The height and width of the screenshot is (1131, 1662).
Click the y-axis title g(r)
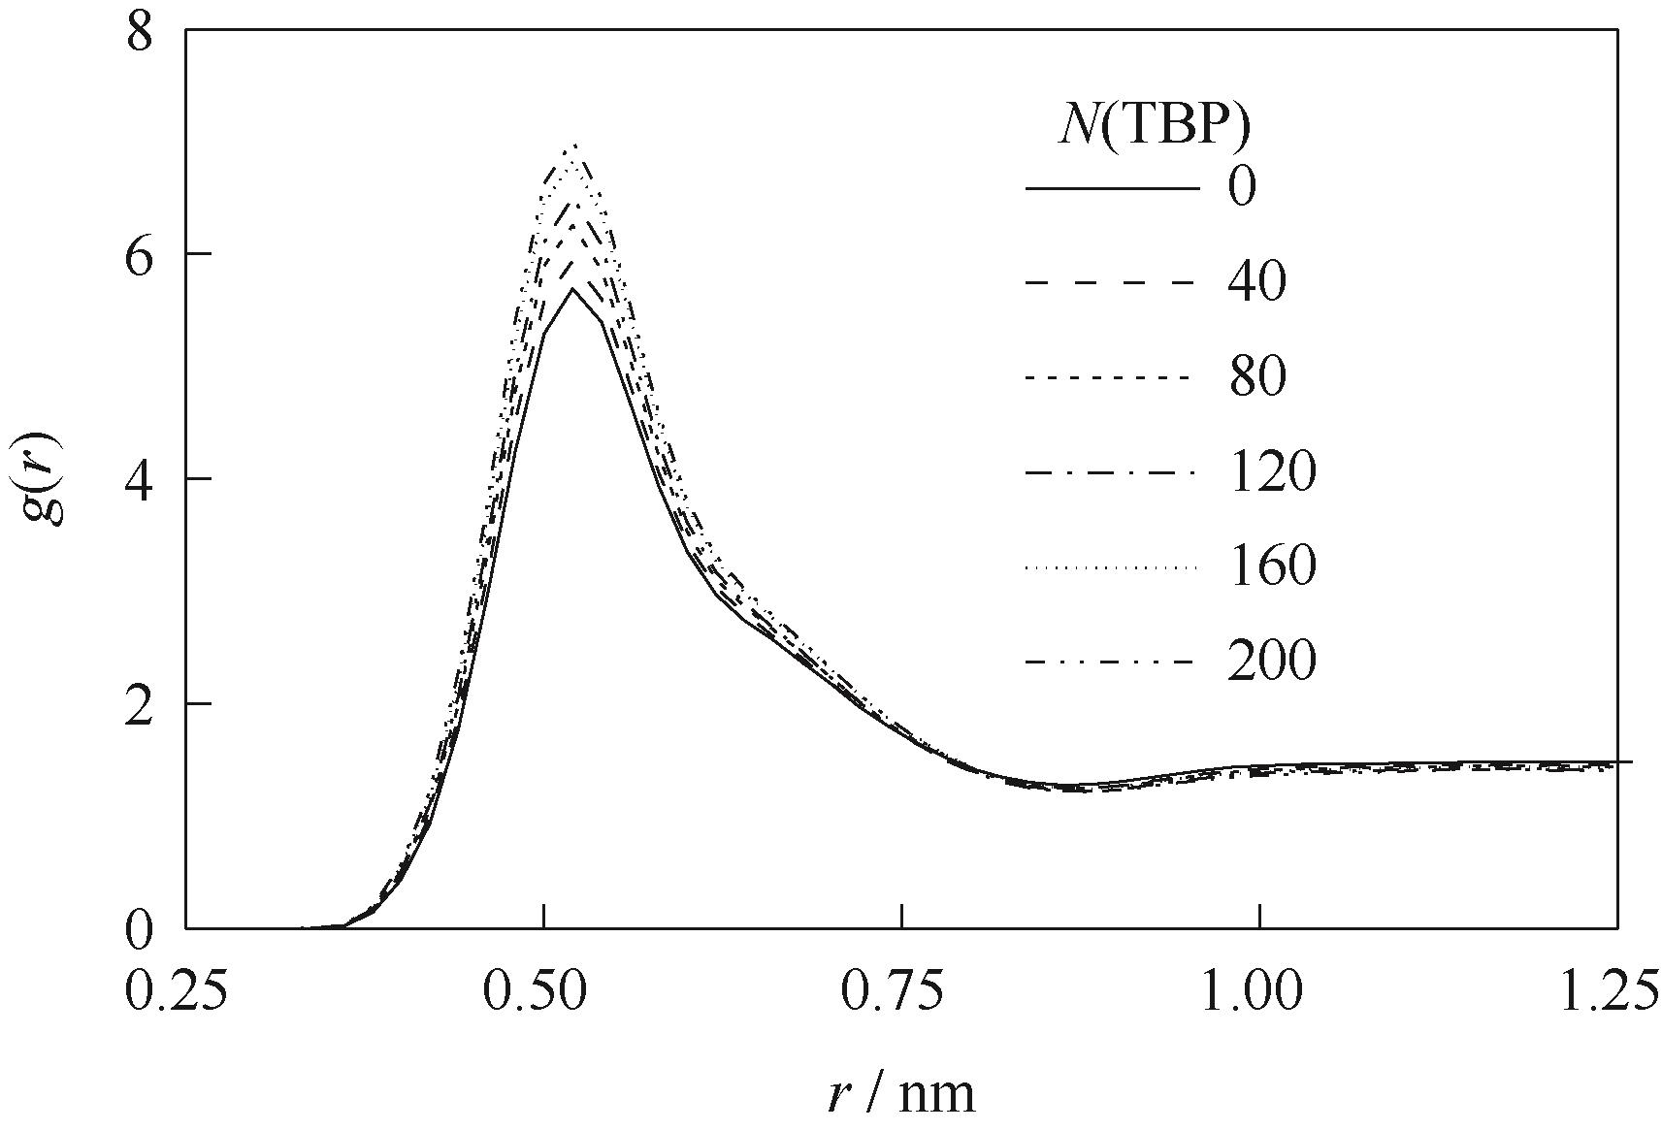[x=44, y=479]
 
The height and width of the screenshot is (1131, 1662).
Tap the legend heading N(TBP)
[x=1153, y=127]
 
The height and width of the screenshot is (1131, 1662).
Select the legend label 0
[x=1241, y=187]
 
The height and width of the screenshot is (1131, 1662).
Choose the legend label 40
[x=1256, y=282]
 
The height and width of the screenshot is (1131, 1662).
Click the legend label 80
[x=1256, y=377]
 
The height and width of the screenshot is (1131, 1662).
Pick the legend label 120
[x=1272, y=472]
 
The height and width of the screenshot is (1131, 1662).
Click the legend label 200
[x=1272, y=662]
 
